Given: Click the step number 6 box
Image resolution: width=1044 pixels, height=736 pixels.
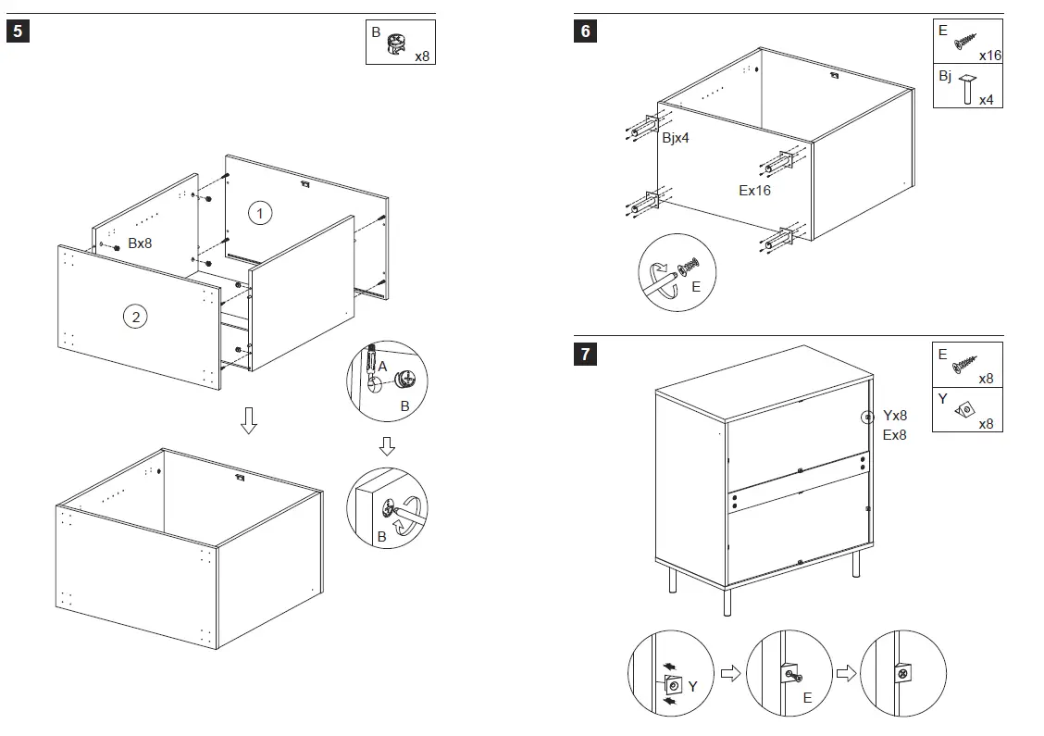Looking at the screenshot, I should tap(584, 31).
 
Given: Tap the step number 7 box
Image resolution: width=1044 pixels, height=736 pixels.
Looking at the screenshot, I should tap(584, 353).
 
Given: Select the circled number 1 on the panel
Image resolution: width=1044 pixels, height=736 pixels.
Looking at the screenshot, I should tap(260, 213).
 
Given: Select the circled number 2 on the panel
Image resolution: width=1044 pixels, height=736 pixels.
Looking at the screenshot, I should tap(135, 317).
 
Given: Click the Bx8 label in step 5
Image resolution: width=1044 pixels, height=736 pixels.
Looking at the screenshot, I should tap(140, 243).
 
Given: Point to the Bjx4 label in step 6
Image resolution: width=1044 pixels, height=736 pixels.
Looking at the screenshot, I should tap(675, 138).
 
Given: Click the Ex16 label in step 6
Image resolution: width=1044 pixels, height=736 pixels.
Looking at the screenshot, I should tap(754, 191).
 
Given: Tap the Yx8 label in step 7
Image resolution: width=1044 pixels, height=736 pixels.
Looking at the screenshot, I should tap(895, 416).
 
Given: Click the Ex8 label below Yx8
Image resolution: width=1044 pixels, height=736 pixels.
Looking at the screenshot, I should tap(895, 434).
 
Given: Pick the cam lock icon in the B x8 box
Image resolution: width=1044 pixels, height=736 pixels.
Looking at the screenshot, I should tap(396, 44).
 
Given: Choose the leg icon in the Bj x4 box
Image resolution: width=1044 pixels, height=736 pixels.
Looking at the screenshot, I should tap(968, 88).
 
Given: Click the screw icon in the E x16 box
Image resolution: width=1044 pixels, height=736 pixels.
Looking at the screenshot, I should tap(965, 40).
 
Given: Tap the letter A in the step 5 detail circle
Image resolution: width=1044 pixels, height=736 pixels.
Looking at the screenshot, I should tap(381, 368).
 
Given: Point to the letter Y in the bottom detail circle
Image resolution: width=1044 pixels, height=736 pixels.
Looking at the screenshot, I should tap(692, 686).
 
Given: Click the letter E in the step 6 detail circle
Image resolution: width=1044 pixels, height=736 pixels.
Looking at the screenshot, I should tap(696, 287).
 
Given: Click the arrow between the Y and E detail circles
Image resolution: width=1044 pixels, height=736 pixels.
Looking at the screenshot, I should tap(730, 673).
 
